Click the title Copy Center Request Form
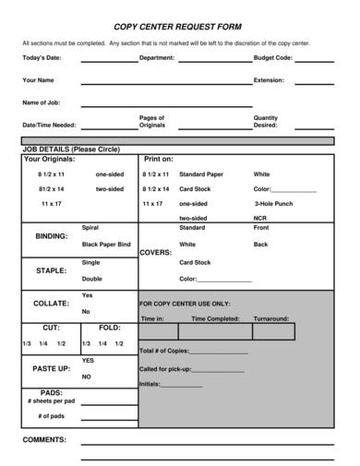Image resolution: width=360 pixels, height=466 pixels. pos(179,29)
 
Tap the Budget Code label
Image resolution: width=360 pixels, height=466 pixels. pos(273,57)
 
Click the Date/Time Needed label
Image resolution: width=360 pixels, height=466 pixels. pos(49,125)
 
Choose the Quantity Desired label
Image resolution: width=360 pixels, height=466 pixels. pos(266,121)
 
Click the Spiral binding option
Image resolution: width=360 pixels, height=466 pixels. pos(90,227)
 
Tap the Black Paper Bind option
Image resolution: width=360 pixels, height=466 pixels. pos(106,244)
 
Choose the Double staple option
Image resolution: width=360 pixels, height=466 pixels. pos(92,278)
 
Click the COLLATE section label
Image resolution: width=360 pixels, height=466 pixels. pos(51,303)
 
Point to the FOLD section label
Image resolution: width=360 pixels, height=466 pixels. pos(110,328)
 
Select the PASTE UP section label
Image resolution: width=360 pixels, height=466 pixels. pos(52,368)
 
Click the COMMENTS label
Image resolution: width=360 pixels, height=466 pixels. pos(43,439)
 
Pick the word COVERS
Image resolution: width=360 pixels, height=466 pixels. pos(155,252)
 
